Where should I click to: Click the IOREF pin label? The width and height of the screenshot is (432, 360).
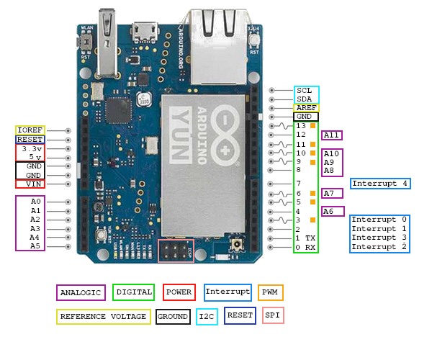pos(30,130)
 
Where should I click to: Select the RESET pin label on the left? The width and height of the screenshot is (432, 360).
pos(30,139)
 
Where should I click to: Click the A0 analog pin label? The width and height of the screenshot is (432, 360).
pos(35,202)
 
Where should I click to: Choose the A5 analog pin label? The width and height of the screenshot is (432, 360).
pos(35,246)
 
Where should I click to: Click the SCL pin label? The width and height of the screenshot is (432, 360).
pos(305,91)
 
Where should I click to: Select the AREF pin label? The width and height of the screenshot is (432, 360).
pos(306,107)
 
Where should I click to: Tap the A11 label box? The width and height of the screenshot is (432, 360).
pos(332,135)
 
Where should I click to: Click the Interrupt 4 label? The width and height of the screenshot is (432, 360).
pos(380,184)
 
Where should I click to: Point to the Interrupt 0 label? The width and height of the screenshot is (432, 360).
pos(379,220)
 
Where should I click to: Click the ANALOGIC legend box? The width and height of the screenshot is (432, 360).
pos(81,293)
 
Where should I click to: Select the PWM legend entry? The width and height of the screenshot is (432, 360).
pos(271,292)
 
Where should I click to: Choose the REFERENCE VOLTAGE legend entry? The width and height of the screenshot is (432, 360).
pos(103,316)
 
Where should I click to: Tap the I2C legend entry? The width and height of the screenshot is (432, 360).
pos(207,315)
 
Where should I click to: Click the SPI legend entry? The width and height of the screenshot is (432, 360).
pos(273,315)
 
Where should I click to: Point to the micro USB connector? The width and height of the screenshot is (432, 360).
pos(147,31)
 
